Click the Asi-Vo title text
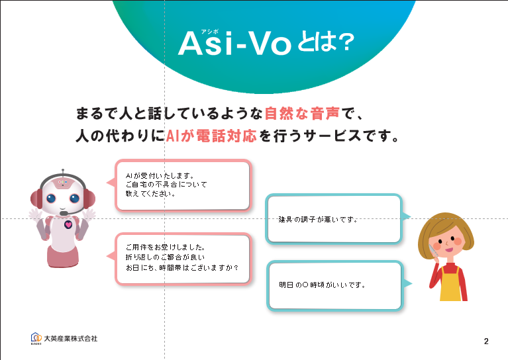tap(234, 44)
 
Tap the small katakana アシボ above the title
tap(209, 31)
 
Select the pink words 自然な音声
tap(302, 113)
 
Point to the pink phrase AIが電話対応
tap(211, 136)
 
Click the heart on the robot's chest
tap(68, 224)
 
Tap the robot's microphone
tap(64, 213)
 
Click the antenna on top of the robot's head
tap(63, 172)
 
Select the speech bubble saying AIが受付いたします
tap(183, 185)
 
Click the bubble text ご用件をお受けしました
tap(165, 247)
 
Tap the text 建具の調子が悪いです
tap(318, 220)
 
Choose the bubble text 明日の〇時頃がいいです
tap(323, 285)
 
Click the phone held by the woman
tap(433, 251)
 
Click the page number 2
tap(486, 341)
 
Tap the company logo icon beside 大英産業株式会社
tap(36, 338)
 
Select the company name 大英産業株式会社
tap(71, 339)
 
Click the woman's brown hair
tap(445, 226)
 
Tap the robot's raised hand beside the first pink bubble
tap(89, 214)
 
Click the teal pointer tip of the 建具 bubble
tap(410, 216)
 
